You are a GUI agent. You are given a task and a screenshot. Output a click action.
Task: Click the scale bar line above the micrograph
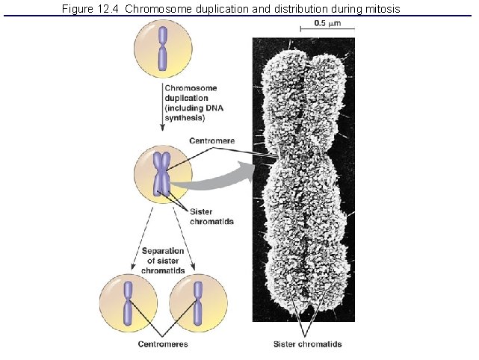pos(327,30)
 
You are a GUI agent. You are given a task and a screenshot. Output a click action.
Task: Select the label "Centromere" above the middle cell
pos(212,140)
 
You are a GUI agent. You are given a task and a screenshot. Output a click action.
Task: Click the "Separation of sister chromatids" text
pos(163,259)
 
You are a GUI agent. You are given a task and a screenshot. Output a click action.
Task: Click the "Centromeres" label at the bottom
pos(163,344)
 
